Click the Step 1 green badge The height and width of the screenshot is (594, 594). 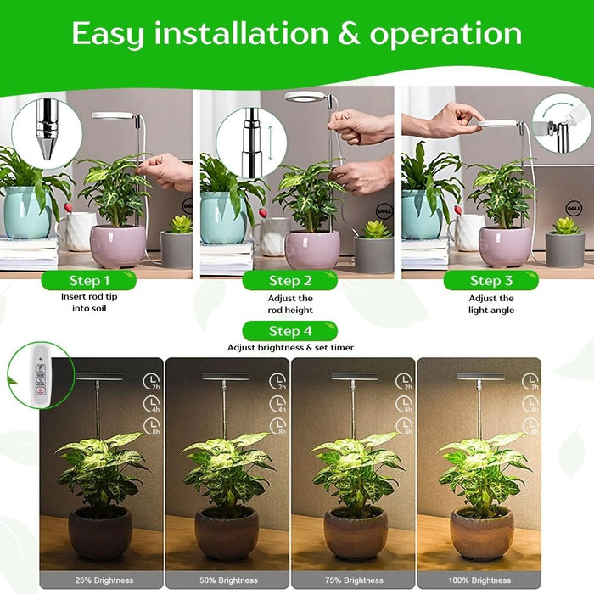88,280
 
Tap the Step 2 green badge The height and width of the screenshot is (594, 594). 290,280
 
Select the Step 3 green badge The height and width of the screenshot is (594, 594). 491,280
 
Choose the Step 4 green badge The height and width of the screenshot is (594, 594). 290,331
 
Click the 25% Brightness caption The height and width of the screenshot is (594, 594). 104,580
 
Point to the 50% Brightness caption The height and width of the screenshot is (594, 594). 228,580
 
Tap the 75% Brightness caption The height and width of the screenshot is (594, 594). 354,580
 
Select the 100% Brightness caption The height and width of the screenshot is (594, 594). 479,580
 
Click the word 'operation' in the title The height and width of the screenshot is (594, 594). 445,34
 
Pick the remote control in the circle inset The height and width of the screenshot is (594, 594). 40,375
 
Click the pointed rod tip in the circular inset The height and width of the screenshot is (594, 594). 47,148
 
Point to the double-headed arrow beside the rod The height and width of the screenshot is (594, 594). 270,143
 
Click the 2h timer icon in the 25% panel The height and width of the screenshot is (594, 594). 151,382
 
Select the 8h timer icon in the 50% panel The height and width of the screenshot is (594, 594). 277,426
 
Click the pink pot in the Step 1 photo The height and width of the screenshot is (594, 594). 118,246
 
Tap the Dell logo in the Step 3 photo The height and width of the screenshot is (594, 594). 574,209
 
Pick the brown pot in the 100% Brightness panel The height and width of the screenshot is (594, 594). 481,533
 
